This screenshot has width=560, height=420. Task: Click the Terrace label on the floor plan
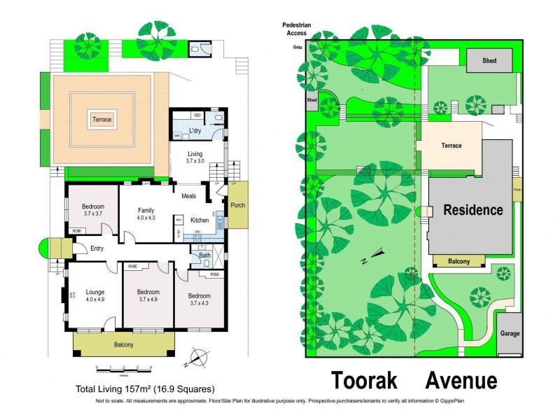(x=101, y=120)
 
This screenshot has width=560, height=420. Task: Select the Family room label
(x=146, y=209)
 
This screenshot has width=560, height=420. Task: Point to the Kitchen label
(x=200, y=220)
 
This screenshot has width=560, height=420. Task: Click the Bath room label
(x=204, y=255)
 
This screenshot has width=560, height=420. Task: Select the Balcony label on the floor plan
(x=124, y=345)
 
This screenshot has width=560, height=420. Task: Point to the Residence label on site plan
(x=472, y=210)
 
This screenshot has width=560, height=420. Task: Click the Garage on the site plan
(x=510, y=333)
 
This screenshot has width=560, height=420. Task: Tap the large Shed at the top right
(x=489, y=61)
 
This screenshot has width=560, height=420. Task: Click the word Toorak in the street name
(x=364, y=381)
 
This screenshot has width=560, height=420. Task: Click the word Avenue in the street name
(x=461, y=381)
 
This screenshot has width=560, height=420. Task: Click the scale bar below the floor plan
(x=124, y=368)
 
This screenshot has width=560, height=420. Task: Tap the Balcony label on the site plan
(x=460, y=261)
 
